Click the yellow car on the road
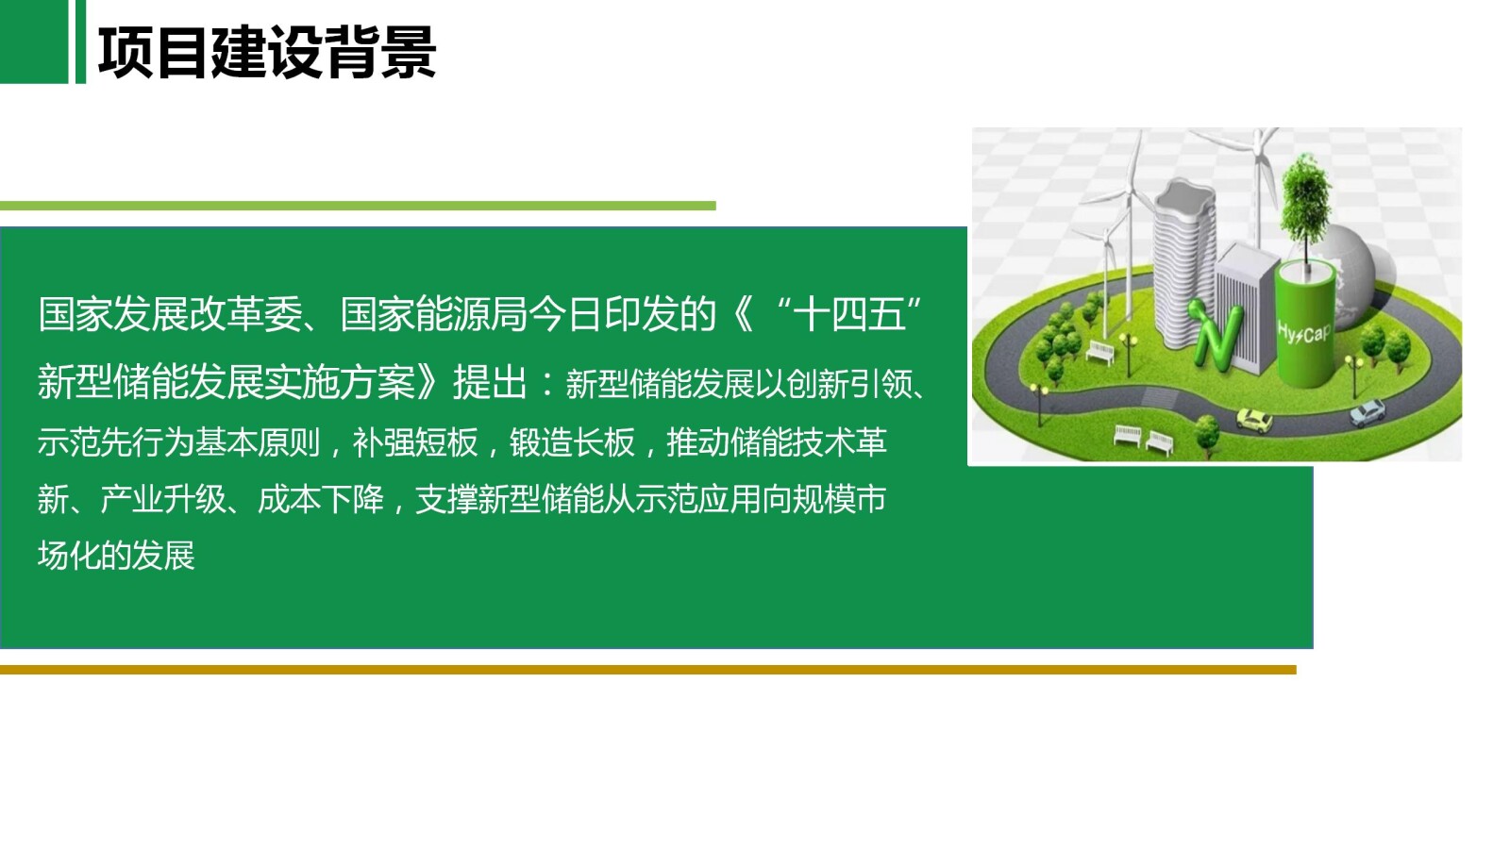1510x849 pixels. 1254,420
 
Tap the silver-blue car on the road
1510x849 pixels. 1366,412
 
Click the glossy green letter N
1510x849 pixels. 1210,332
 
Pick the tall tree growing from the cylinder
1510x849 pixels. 1305,208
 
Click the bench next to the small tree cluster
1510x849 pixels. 1100,351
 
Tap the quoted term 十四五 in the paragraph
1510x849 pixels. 849,314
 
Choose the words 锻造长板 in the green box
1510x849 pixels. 572,441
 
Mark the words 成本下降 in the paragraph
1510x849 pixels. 321,499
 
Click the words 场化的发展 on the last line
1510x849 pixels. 116,556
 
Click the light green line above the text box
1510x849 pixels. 358,206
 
